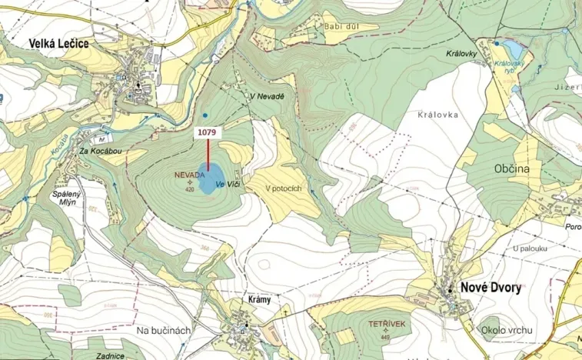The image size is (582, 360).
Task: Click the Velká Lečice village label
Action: click(58, 44)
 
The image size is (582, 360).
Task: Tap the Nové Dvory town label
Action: click(491, 288)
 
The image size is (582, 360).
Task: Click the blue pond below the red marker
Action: click(209, 178)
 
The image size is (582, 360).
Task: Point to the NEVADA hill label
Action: click(189, 175)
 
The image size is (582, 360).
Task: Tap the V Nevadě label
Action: click(267, 96)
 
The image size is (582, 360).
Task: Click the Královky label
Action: click(462, 55)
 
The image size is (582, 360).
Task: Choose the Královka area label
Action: click(438, 114)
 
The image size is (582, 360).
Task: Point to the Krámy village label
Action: click(260, 299)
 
